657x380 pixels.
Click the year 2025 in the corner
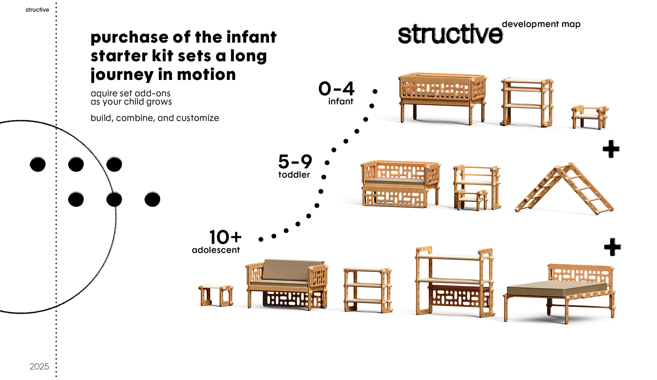(x=39, y=366)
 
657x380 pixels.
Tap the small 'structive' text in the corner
(x=37, y=10)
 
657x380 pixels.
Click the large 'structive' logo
(x=450, y=34)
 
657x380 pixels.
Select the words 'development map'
(x=541, y=24)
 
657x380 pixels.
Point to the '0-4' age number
(x=336, y=89)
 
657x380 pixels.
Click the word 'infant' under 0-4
(x=340, y=101)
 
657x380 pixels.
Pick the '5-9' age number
(x=295, y=162)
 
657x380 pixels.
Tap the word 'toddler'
(x=294, y=175)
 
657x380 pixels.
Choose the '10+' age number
(x=225, y=237)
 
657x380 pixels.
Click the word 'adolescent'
(x=216, y=250)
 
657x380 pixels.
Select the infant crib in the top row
(x=442, y=97)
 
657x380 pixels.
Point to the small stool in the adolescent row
(x=216, y=295)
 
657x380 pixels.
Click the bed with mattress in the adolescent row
(x=560, y=292)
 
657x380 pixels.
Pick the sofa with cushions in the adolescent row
(x=287, y=284)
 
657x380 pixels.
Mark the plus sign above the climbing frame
(x=611, y=149)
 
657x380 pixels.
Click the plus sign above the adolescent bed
(x=612, y=247)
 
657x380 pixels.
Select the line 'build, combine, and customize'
(x=155, y=118)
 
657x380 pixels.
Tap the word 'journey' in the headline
(x=121, y=75)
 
